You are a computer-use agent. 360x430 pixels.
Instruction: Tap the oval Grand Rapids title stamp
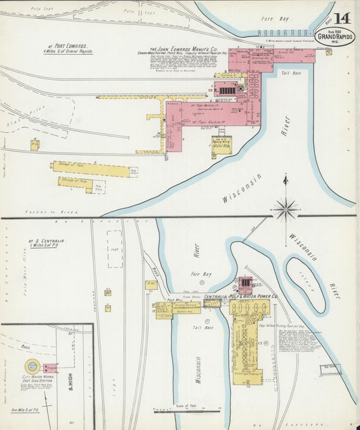[335, 37]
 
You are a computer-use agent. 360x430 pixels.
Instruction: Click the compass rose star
[286, 209]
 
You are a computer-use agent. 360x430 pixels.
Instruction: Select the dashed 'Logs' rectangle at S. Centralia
[115, 249]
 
